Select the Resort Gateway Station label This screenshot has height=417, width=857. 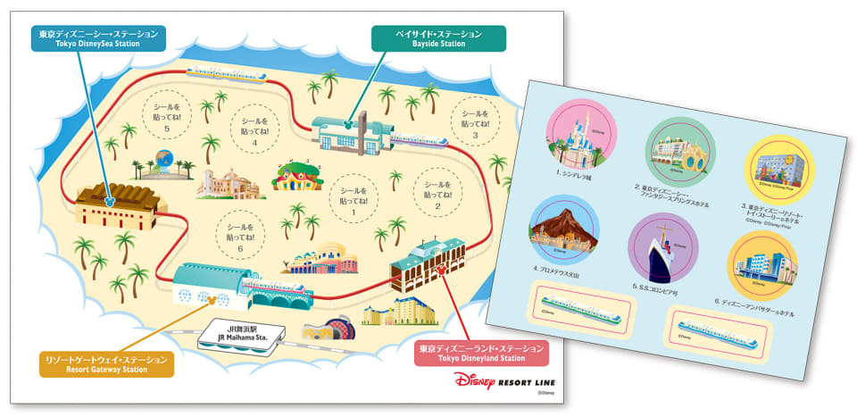(x=106, y=363)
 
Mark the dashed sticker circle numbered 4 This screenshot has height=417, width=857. (x=254, y=130)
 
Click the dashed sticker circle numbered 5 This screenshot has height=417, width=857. (x=167, y=118)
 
